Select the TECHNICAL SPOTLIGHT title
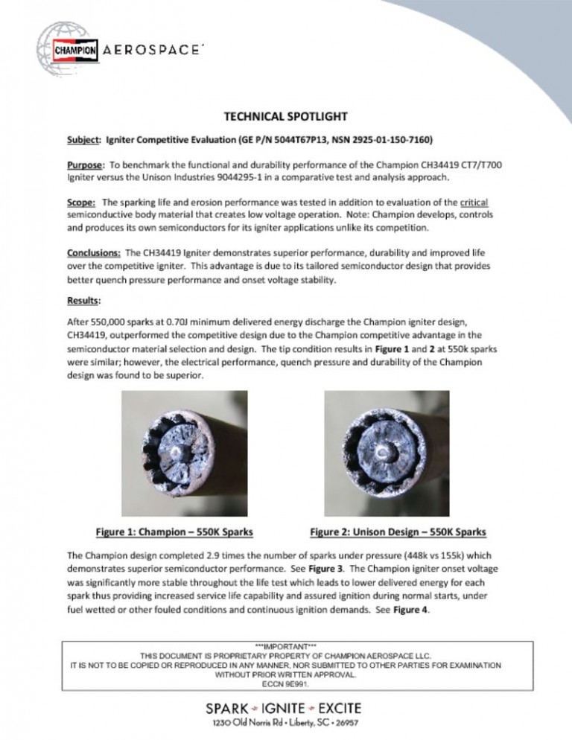(286, 117)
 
